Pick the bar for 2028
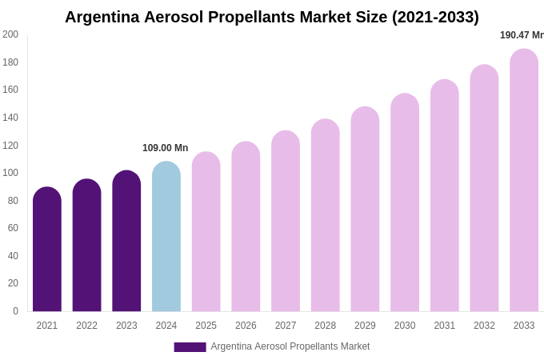pyautogui.click(x=326, y=215)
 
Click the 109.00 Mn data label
pyautogui.click(x=165, y=148)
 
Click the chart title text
pyautogui.click(x=272, y=17)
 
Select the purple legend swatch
pyautogui.click(x=190, y=347)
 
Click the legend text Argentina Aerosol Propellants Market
pyautogui.click(x=290, y=346)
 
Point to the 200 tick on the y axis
pyautogui.click(x=10, y=34)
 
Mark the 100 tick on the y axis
pyautogui.click(x=10, y=173)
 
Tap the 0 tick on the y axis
pyautogui.click(x=15, y=311)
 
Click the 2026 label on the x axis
pyautogui.click(x=246, y=326)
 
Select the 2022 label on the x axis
pyautogui.click(x=86, y=326)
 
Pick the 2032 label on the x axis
pyautogui.click(x=484, y=326)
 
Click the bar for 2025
pyautogui.click(x=206, y=232)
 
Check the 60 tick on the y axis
pyautogui.click(x=13, y=228)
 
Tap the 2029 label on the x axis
pyautogui.click(x=365, y=326)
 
